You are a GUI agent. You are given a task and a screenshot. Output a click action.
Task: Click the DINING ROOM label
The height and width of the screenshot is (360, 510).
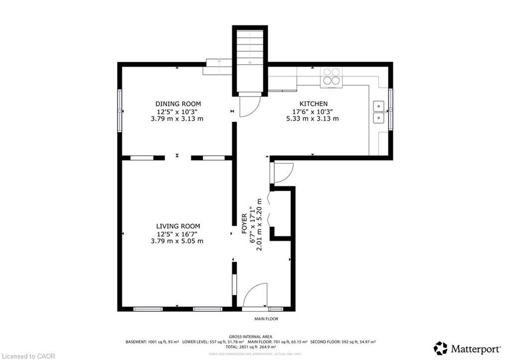point(178,104)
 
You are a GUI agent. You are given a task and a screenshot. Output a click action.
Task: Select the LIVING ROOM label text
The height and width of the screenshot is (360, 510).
point(178,226)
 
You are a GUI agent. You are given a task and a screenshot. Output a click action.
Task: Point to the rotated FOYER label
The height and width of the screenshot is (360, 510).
point(245,224)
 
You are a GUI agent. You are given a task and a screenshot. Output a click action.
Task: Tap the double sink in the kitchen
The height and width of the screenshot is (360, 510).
point(379,112)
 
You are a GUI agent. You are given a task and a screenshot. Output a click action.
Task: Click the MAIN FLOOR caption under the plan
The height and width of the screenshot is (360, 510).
point(266,319)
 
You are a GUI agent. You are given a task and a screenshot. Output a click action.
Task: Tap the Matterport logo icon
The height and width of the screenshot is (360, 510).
point(440,348)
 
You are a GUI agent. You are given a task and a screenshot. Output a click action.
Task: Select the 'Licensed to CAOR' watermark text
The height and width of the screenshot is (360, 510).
point(28,356)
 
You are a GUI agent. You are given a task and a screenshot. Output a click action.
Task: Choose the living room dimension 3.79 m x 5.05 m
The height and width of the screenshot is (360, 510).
point(178,241)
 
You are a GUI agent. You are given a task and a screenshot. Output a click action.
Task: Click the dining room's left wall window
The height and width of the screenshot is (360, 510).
point(120,111)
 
